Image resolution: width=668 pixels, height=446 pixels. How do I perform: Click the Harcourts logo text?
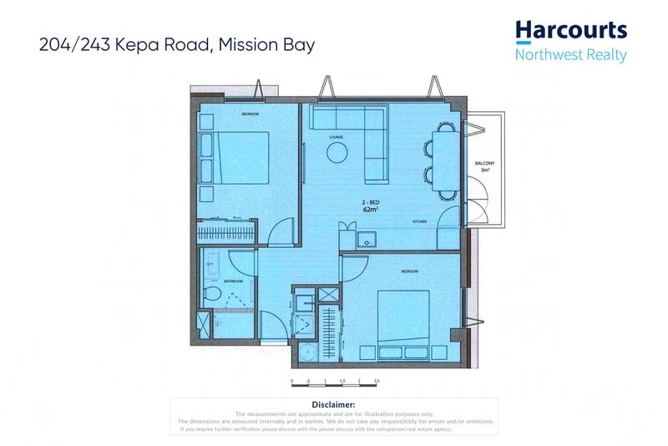[x=570, y=31]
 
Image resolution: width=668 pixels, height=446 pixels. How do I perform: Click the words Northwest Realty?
[x=570, y=56]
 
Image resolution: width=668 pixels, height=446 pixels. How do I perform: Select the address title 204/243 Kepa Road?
[x=177, y=45]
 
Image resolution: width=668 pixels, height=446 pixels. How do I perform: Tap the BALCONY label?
[x=483, y=163]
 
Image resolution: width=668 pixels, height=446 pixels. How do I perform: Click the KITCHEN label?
[x=419, y=221]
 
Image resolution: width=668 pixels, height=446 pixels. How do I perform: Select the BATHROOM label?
[x=232, y=281]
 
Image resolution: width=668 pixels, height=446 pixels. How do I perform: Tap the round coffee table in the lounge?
[x=337, y=152]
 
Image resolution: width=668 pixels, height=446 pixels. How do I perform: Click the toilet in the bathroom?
[x=212, y=294]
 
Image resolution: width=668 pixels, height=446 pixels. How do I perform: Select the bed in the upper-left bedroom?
[x=234, y=157]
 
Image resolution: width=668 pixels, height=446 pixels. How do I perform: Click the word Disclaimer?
[x=334, y=404]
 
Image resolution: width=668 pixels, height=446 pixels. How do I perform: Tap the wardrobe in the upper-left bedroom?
[x=225, y=231]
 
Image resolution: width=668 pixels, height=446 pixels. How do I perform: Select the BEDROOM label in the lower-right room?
[x=409, y=271]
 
